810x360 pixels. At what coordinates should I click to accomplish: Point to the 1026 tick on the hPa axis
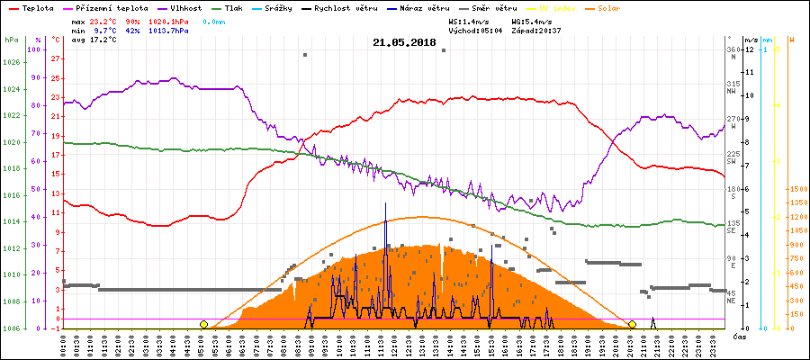click(x=11, y=62)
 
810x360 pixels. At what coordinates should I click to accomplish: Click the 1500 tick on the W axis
click(x=798, y=190)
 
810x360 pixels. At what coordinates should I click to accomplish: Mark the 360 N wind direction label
click(x=733, y=52)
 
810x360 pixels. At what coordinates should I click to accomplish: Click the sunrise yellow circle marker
click(x=203, y=324)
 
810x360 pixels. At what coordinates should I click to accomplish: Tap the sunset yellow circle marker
click(x=632, y=324)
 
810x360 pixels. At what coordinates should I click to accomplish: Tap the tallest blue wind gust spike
click(x=385, y=205)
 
